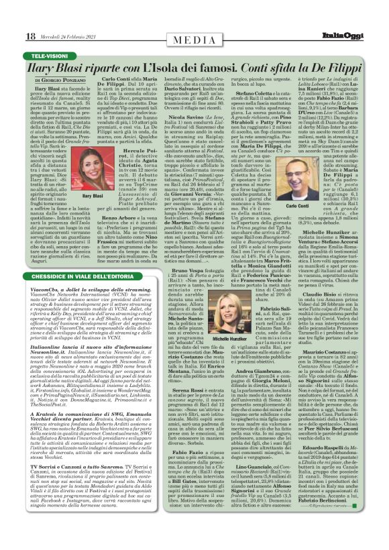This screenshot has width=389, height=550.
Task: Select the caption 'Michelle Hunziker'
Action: [x=219, y=319]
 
